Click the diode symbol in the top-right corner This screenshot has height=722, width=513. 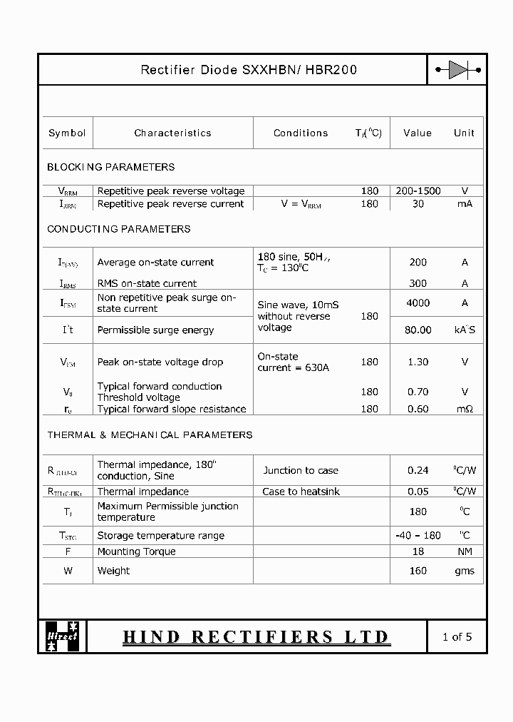tap(457, 70)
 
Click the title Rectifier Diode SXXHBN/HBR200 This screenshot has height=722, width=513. tap(249, 70)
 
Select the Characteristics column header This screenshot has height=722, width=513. tap(172, 133)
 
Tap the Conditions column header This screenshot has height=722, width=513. tap(301, 133)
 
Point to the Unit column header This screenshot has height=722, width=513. tap(464, 133)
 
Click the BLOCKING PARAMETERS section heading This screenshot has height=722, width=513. tap(110, 167)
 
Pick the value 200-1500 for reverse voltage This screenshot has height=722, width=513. tap(418, 190)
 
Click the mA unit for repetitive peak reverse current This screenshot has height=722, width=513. tap(465, 203)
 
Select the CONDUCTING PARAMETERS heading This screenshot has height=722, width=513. tap(118, 229)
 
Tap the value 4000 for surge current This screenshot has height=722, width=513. tap(418, 302)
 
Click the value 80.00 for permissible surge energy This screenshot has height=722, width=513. tap(418, 330)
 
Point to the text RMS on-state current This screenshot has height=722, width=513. tap(147, 283)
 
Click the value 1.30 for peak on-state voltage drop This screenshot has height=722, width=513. tap(418, 362)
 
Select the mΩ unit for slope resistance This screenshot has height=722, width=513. tap(465, 409)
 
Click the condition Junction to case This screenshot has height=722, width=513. tap(301, 470)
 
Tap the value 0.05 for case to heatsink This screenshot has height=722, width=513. tap(418, 492)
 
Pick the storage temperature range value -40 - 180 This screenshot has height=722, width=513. tap(418, 535)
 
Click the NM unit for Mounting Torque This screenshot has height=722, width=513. tap(465, 551)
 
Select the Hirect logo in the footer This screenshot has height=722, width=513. tap(63, 636)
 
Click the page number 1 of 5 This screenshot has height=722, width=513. tap(457, 636)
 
